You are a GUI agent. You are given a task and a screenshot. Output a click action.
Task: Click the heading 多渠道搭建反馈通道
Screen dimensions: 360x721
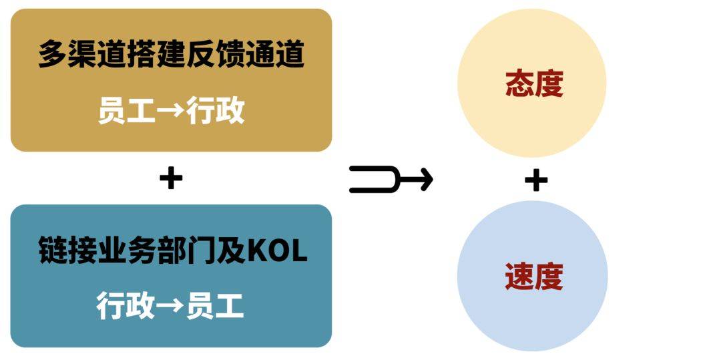pos(171,55)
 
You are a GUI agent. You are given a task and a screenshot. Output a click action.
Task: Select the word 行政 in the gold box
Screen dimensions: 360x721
pos(216,110)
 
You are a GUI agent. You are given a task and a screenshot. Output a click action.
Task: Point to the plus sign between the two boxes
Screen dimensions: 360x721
pos(171,178)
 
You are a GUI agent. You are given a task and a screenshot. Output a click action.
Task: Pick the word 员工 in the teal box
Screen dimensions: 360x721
pos(216,305)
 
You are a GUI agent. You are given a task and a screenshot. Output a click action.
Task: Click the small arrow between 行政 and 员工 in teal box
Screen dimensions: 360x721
pos(170,306)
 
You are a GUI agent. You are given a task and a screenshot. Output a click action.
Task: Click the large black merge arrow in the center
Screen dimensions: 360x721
pos(391,179)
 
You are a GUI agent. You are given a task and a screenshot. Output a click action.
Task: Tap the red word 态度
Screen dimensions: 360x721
pos(533,84)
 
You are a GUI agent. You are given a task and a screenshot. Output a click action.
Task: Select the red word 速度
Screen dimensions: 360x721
pos(533,276)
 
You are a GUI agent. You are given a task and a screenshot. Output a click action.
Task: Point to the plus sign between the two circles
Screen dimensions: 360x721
pos(535,180)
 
